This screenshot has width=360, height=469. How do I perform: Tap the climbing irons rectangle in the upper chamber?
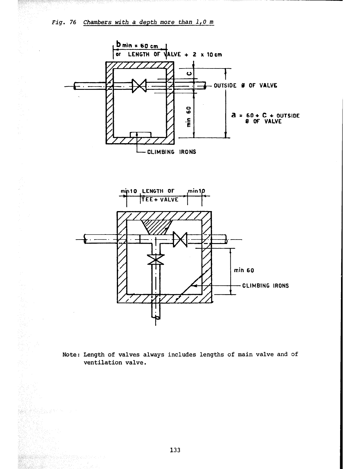click(x=141, y=135)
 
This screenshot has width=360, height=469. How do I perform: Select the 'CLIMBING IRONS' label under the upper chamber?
click(x=171, y=152)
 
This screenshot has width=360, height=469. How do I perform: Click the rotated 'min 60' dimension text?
click(x=188, y=117)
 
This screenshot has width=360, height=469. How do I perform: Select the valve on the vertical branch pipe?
click(x=156, y=259)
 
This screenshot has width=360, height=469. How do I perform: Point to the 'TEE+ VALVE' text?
click(x=160, y=200)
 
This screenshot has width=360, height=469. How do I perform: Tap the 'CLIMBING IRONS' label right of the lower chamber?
click(x=265, y=286)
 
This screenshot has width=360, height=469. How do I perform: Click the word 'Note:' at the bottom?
click(x=71, y=355)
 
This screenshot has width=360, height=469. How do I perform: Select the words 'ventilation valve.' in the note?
click(x=115, y=363)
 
